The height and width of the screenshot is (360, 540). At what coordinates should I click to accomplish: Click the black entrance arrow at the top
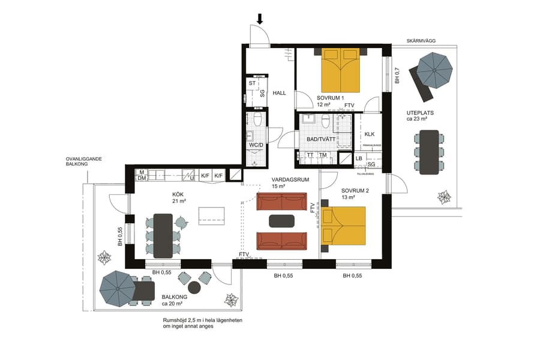(260, 19)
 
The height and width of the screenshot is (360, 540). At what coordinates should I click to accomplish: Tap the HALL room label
(279, 93)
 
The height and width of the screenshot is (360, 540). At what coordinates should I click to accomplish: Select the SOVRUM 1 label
(330, 98)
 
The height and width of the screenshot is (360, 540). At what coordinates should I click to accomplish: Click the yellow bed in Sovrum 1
(341, 70)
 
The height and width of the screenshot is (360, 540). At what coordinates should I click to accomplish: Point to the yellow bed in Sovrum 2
(344, 226)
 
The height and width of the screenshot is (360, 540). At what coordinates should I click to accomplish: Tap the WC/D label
(256, 145)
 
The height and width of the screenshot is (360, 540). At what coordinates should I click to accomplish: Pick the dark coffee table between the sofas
(281, 221)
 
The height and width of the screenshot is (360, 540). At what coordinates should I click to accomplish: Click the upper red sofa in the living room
(281, 202)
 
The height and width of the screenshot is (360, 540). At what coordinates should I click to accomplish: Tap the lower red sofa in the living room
(281, 241)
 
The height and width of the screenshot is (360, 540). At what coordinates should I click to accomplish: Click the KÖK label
(178, 194)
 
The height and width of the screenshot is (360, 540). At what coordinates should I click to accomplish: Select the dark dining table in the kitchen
(163, 235)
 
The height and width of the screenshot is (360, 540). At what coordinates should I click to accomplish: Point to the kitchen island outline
(212, 215)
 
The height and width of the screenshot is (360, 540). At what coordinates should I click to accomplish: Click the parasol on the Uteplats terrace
(434, 69)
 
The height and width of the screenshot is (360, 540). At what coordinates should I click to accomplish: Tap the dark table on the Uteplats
(428, 152)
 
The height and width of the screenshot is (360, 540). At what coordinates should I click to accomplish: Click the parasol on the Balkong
(118, 288)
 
